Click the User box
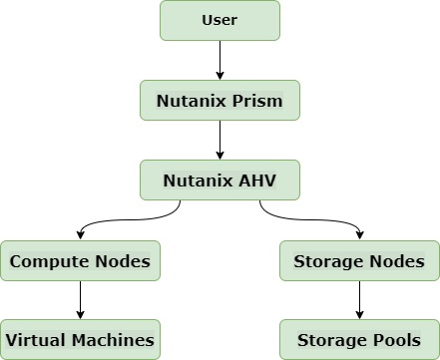coord(220,21)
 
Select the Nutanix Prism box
coord(220,101)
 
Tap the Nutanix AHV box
coord(220,180)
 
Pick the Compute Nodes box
coord(80,261)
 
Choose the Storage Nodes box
coord(359,261)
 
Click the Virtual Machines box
coord(80,340)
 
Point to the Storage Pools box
coord(359,340)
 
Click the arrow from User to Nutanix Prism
coord(220,60)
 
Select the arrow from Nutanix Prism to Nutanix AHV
coord(220,140)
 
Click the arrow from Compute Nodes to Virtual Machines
coord(80,300)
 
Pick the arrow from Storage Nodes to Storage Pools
coord(359,300)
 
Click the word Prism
coord(257,101)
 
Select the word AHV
coord(255,180)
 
